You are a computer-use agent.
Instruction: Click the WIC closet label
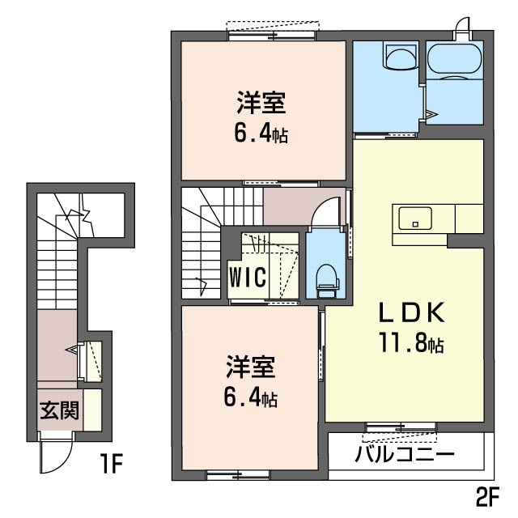tap(247, 277)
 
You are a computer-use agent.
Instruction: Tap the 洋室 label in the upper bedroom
tap(261, 104)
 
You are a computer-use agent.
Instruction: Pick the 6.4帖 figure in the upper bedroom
tap(261, 134)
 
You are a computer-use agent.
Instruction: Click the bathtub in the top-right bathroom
tap(454, 58)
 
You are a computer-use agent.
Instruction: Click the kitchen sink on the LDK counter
tap(414, 217)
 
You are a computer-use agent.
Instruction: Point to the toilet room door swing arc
tap(325, 213)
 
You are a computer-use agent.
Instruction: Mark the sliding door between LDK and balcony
tap(401, 426)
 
